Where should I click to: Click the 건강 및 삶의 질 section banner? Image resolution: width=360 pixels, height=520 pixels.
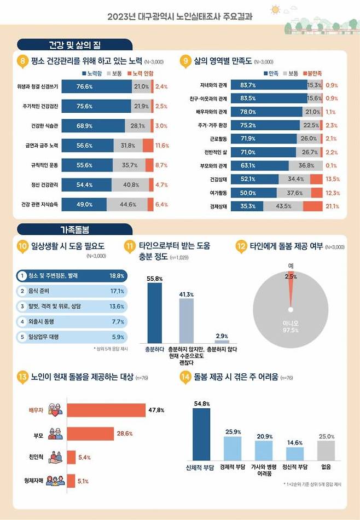pos(74,44)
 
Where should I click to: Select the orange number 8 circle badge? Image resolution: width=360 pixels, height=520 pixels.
pos(23,61)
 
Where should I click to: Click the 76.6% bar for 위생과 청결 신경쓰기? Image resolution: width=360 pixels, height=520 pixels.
pos(96,86)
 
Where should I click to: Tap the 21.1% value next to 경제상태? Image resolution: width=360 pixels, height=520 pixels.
pos(333,206)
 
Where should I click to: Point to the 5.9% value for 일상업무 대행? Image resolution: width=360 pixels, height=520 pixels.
pos(117,337)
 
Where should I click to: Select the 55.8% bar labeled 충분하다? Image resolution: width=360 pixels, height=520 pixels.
pos(155,313)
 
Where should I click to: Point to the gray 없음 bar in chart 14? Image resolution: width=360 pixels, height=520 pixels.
pos(326,450)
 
